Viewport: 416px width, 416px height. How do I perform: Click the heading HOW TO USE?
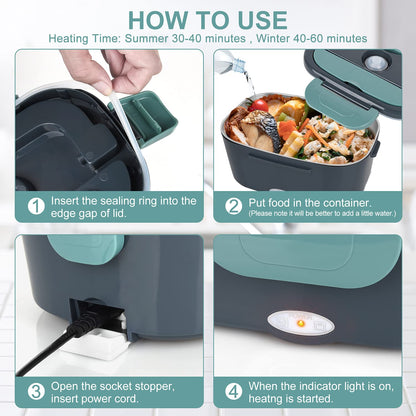(x=208, y=19)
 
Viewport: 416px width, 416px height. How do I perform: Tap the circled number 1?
(x=35, y=205)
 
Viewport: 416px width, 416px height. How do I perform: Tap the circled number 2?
(x=234, y=205)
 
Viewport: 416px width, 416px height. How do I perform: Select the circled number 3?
(x=35, y=391)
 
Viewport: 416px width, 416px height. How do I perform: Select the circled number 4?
(x=234, y=391)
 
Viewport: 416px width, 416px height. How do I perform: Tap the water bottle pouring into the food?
(x=231, y=64)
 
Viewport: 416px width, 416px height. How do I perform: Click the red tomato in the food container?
(x=261, y=105)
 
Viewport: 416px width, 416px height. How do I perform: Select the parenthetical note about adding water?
(x=313, y=213)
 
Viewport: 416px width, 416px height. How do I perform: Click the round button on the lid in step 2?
(x=377, y=62)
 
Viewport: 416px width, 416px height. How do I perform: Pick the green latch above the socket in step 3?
(x=91, y=248)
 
